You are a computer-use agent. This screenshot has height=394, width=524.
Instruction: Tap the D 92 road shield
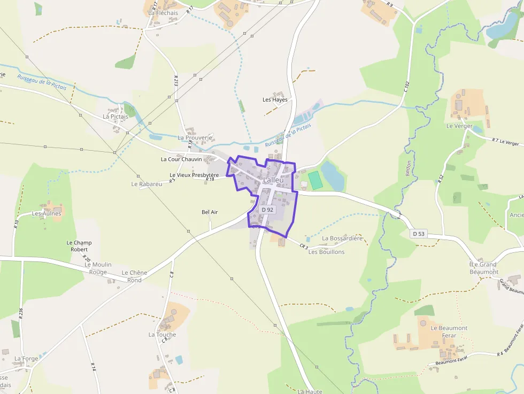point(267,210)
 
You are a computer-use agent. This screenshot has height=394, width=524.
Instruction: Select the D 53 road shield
point(419,234)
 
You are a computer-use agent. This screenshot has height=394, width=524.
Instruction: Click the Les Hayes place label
point(275,99)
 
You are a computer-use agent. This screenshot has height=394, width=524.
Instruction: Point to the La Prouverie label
point(195,137)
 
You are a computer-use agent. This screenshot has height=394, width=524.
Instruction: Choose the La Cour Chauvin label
point(181,159)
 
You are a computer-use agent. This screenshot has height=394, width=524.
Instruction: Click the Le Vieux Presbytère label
point(194,175)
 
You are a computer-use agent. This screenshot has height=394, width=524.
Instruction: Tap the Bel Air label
point(210,212)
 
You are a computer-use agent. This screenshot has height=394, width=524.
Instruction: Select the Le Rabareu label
point(147,184)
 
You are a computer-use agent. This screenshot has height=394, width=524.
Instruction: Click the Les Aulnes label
point(47,213)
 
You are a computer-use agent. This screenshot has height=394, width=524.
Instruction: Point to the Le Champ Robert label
point(79,246)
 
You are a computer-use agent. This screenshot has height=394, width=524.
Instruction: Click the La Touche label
point(162,335)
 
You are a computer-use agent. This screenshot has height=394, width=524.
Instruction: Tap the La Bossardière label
point(343,238)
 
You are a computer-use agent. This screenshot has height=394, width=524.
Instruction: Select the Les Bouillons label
point(327,252)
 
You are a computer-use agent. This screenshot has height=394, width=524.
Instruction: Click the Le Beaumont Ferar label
point(449,331)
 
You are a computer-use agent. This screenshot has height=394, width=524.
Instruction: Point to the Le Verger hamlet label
point(459,126)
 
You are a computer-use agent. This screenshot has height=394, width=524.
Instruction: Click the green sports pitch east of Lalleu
point(315,180)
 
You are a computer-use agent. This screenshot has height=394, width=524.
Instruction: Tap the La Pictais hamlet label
point(115,116)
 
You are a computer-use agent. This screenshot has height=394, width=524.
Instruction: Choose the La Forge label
point(26,359)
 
